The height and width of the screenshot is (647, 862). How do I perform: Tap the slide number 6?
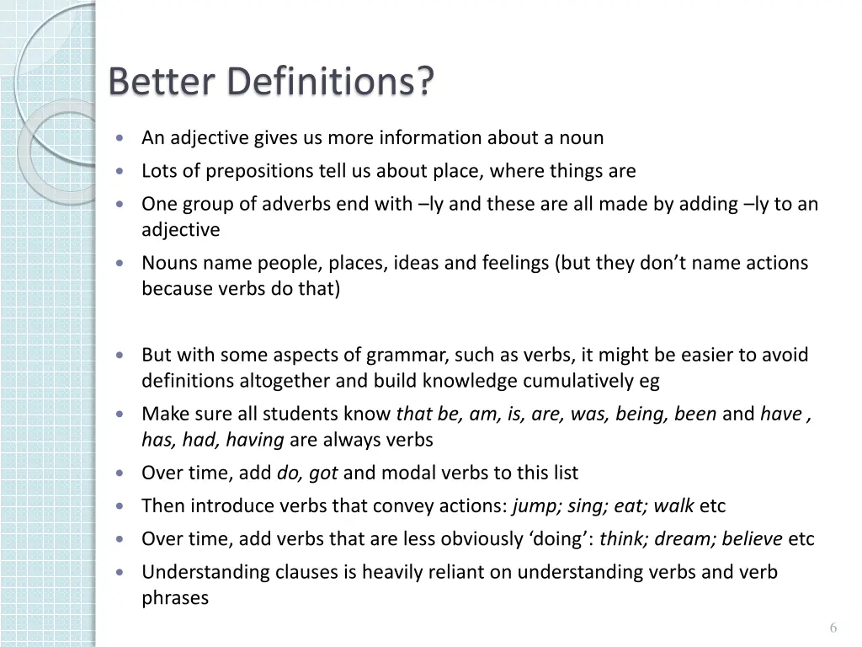833,628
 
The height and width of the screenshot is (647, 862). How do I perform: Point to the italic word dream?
678,539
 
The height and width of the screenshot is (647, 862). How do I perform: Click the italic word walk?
673,506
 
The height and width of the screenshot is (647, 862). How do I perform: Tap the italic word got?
323,473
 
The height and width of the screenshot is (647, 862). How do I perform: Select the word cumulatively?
580,381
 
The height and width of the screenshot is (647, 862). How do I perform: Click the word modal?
408,473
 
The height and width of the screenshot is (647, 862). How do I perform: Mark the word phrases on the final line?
175,598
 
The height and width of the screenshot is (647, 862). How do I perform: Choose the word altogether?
285,381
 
